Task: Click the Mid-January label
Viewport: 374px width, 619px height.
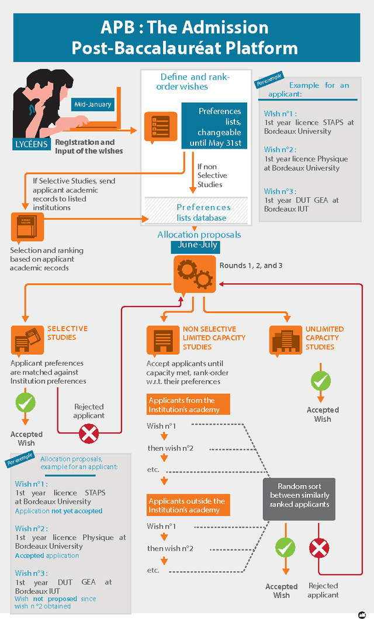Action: coord(92,105)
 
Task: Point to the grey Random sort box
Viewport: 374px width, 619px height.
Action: coord(299,499)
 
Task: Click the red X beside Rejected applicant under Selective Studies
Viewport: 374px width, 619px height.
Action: coord(89,434)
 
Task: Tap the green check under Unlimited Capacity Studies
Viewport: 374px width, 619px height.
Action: coord(320,381)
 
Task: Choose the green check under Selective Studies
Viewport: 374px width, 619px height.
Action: coord(25,403)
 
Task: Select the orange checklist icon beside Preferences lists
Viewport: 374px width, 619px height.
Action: coord(160,126)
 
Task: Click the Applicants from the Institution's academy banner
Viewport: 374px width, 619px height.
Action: coord(188,405)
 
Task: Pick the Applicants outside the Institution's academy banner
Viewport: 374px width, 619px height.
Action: coord(188,505)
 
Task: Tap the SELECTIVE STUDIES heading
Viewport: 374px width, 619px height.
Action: coord(67,333)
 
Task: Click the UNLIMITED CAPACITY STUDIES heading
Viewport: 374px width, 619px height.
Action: coord(324,338)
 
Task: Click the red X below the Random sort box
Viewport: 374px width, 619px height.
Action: coord(318,548)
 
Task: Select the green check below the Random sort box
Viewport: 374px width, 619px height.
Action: coord(285,548)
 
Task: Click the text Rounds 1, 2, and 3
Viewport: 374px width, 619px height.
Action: coord(251,266)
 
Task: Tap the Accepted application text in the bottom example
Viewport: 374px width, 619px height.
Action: coord(47,555)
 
